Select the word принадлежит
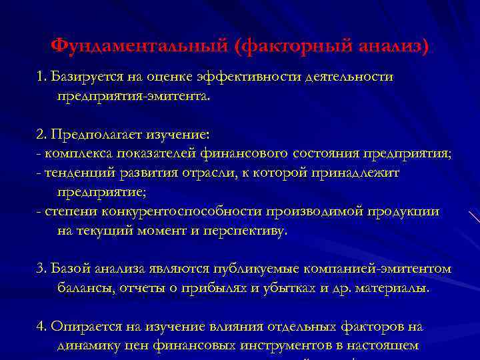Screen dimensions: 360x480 (370, 173)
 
